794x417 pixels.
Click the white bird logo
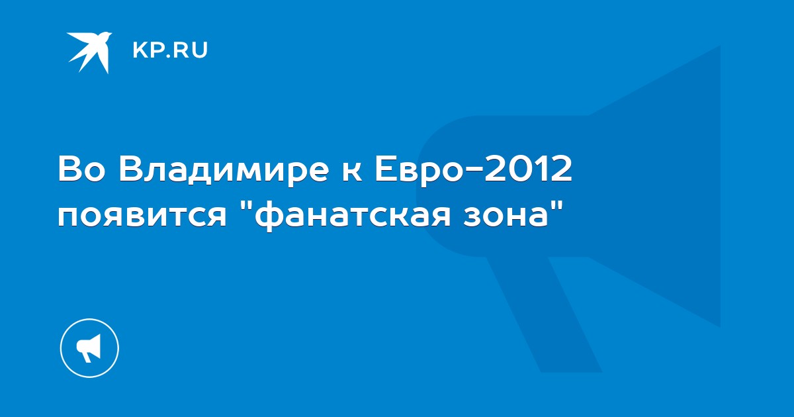coord(91,50)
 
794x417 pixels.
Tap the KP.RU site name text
coord(170,50)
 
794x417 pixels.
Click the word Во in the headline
coord(82,169)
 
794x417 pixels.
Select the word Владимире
coord(224,171)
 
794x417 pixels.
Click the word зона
coord(505,216)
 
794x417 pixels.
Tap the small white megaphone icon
coord(89,348)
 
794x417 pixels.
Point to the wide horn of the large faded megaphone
coord(656,186)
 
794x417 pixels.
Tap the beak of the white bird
coord(110,34)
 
